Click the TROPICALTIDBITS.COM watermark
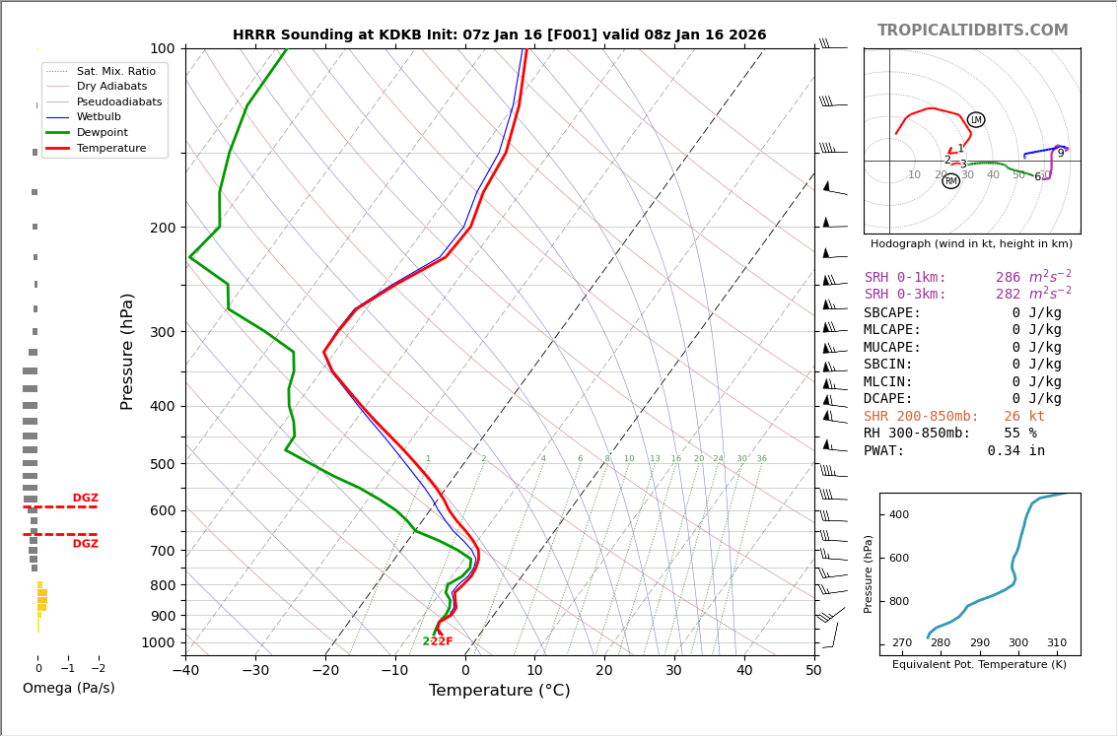coord(972,31)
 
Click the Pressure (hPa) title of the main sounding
coord(127,351)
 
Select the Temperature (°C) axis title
coord(499,691)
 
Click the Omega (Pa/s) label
coord(68,688)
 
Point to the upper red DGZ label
coord(85,499)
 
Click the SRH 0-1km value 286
coord(1008,278)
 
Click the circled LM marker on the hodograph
coord(976,120)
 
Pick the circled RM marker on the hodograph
coord(950,181)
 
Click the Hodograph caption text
coord(971,243)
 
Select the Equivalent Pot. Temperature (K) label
coord(979,665)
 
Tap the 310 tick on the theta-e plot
coord(1056,643)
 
